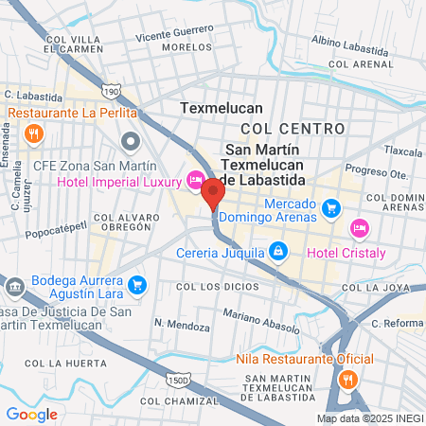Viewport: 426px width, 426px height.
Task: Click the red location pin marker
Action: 213,194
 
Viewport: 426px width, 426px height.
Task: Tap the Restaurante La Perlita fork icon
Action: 33,133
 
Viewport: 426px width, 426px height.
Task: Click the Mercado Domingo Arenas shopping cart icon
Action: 330,207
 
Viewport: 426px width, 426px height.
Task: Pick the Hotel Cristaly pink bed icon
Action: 358,227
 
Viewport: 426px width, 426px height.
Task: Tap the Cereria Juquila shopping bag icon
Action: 277,252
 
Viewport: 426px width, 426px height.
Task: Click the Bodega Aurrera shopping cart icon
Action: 138,283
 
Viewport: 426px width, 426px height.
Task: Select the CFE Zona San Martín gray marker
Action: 131,143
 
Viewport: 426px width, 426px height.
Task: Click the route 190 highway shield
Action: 112,92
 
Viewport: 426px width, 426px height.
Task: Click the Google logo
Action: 31,414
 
